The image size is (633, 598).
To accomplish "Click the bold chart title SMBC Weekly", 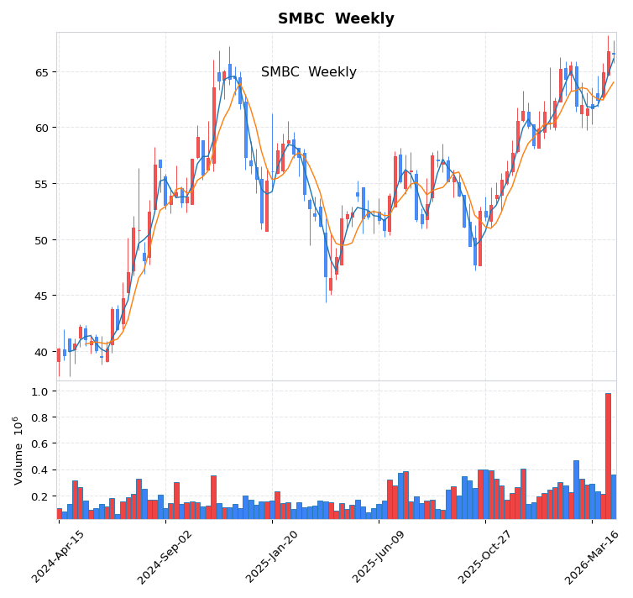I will click(336, 18).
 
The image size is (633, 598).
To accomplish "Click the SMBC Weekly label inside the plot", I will click(308, 72).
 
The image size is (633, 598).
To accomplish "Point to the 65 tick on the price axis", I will click(42, 72).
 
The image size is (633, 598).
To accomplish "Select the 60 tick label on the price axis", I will click(42, 128).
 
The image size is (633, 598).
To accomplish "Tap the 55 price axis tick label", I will click(42, 184).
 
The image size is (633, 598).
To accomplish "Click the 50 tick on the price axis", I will click(42, 240).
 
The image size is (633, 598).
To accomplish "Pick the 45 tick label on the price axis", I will click(42, 296).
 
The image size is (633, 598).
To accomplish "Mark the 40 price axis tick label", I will click(42, 352).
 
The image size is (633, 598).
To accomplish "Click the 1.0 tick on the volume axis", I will click(39, 391).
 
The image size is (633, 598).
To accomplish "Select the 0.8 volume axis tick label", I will click(39, 417).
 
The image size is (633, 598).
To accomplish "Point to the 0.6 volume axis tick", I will click(39, 444).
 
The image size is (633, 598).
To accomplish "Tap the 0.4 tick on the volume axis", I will click(39, 470).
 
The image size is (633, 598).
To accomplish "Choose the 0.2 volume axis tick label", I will click(39, 496).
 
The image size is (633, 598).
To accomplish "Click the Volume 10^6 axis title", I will click(18, 449).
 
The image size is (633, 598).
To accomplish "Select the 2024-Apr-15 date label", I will click(59, 556).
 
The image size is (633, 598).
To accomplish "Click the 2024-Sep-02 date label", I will click(165, 556).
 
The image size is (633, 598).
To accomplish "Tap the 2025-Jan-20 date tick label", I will click(272, 556).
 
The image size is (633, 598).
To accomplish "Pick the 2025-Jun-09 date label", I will click(379, 556).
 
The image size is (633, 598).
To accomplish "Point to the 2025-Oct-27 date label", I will click(485, 556).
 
